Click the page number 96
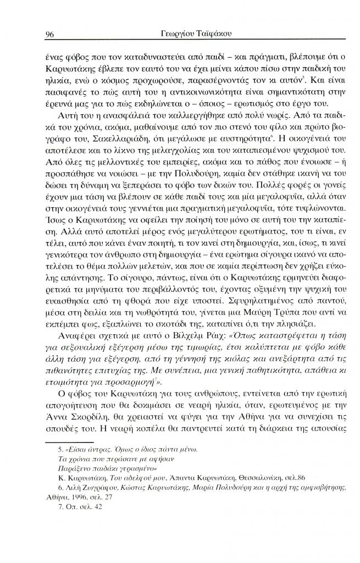[48, 34]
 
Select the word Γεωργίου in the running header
[166, 34]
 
